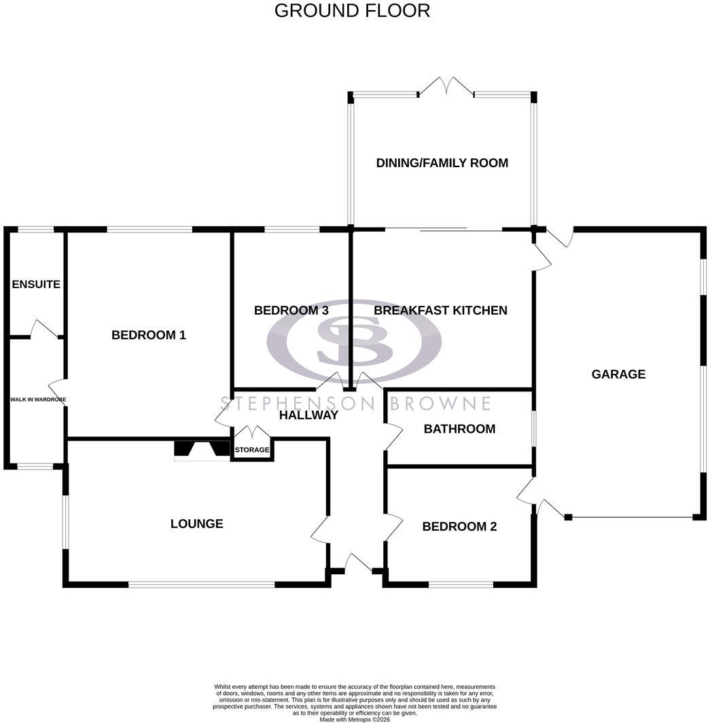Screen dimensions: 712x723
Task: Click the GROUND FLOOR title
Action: coord(352,11)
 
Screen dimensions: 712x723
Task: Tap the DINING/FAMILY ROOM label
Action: coord(442,163)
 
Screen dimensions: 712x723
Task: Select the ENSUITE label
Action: coord(36,284)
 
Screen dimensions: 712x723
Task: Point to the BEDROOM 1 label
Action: coord(149,335)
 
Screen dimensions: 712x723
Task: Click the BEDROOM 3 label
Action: coord(291,311)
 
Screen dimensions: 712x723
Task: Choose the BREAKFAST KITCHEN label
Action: coord(440,311)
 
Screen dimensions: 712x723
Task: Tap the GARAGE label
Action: coord(618,374)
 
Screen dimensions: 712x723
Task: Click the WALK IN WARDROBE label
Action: coord(38,400)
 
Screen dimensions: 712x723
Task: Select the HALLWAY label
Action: coord(308,415)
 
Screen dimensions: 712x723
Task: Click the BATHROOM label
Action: coord(459,429)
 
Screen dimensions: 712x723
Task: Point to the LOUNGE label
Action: coord(197,523)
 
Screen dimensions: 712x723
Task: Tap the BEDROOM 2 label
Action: coord(459,526)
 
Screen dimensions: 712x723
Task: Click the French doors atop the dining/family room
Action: coord(446,87)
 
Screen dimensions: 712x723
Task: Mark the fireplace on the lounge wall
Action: coord(202,451)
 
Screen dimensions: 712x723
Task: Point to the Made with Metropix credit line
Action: coord(355,719)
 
